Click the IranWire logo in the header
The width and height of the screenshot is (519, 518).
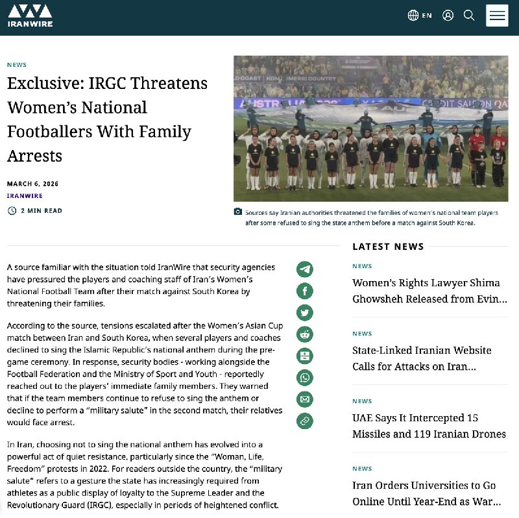(30, 16)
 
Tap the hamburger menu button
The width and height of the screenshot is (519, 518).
(497, 16)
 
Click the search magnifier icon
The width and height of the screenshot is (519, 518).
(469, 16)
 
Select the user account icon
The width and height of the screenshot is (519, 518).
(448, 16)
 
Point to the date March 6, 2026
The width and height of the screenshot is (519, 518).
(32, 184)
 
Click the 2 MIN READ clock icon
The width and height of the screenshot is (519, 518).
(12, 210)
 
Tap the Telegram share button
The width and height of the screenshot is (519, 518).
(305, 269)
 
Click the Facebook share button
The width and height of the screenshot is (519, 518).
(305, 291)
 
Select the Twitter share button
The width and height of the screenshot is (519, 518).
(305, 312)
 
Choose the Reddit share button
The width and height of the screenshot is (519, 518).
(305, 334)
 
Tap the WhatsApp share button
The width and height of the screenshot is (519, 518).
(305, 377)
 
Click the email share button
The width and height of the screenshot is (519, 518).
(305, 399)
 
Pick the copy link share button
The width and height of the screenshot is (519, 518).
(305, 421)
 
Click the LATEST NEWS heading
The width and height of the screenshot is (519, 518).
(388, 247)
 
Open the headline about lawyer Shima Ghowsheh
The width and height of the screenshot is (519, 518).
(426, 291)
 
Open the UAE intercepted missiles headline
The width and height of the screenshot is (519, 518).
(429, 426)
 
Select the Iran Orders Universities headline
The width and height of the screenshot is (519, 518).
(426, 493)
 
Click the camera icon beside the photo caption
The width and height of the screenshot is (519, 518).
(238, 212)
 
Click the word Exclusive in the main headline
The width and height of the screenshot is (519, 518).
(40, 84)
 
